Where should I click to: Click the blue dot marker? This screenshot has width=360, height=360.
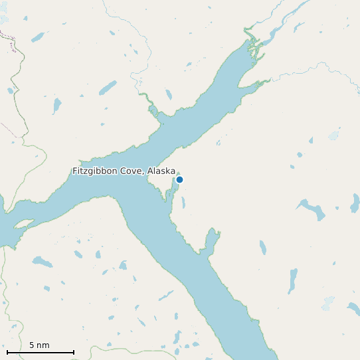point(179,179)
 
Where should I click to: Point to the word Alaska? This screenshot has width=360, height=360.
point(161,171)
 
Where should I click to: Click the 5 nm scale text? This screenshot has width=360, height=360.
point(39,345)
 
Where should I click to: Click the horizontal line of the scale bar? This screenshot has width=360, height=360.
point(40,352)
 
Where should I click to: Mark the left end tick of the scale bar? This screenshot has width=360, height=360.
point(7,351)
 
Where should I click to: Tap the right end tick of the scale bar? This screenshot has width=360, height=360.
point(74,351)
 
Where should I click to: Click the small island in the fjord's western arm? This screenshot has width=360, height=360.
point(23,224)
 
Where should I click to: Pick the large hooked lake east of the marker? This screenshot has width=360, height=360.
point(312,209)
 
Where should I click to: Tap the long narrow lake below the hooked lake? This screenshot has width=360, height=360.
point(292,280)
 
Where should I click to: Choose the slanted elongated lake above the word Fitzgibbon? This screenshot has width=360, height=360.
point(107,87)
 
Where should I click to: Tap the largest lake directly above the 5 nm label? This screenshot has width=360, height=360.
point(42,262)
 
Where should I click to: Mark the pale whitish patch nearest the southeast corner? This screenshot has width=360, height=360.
point(327,303)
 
